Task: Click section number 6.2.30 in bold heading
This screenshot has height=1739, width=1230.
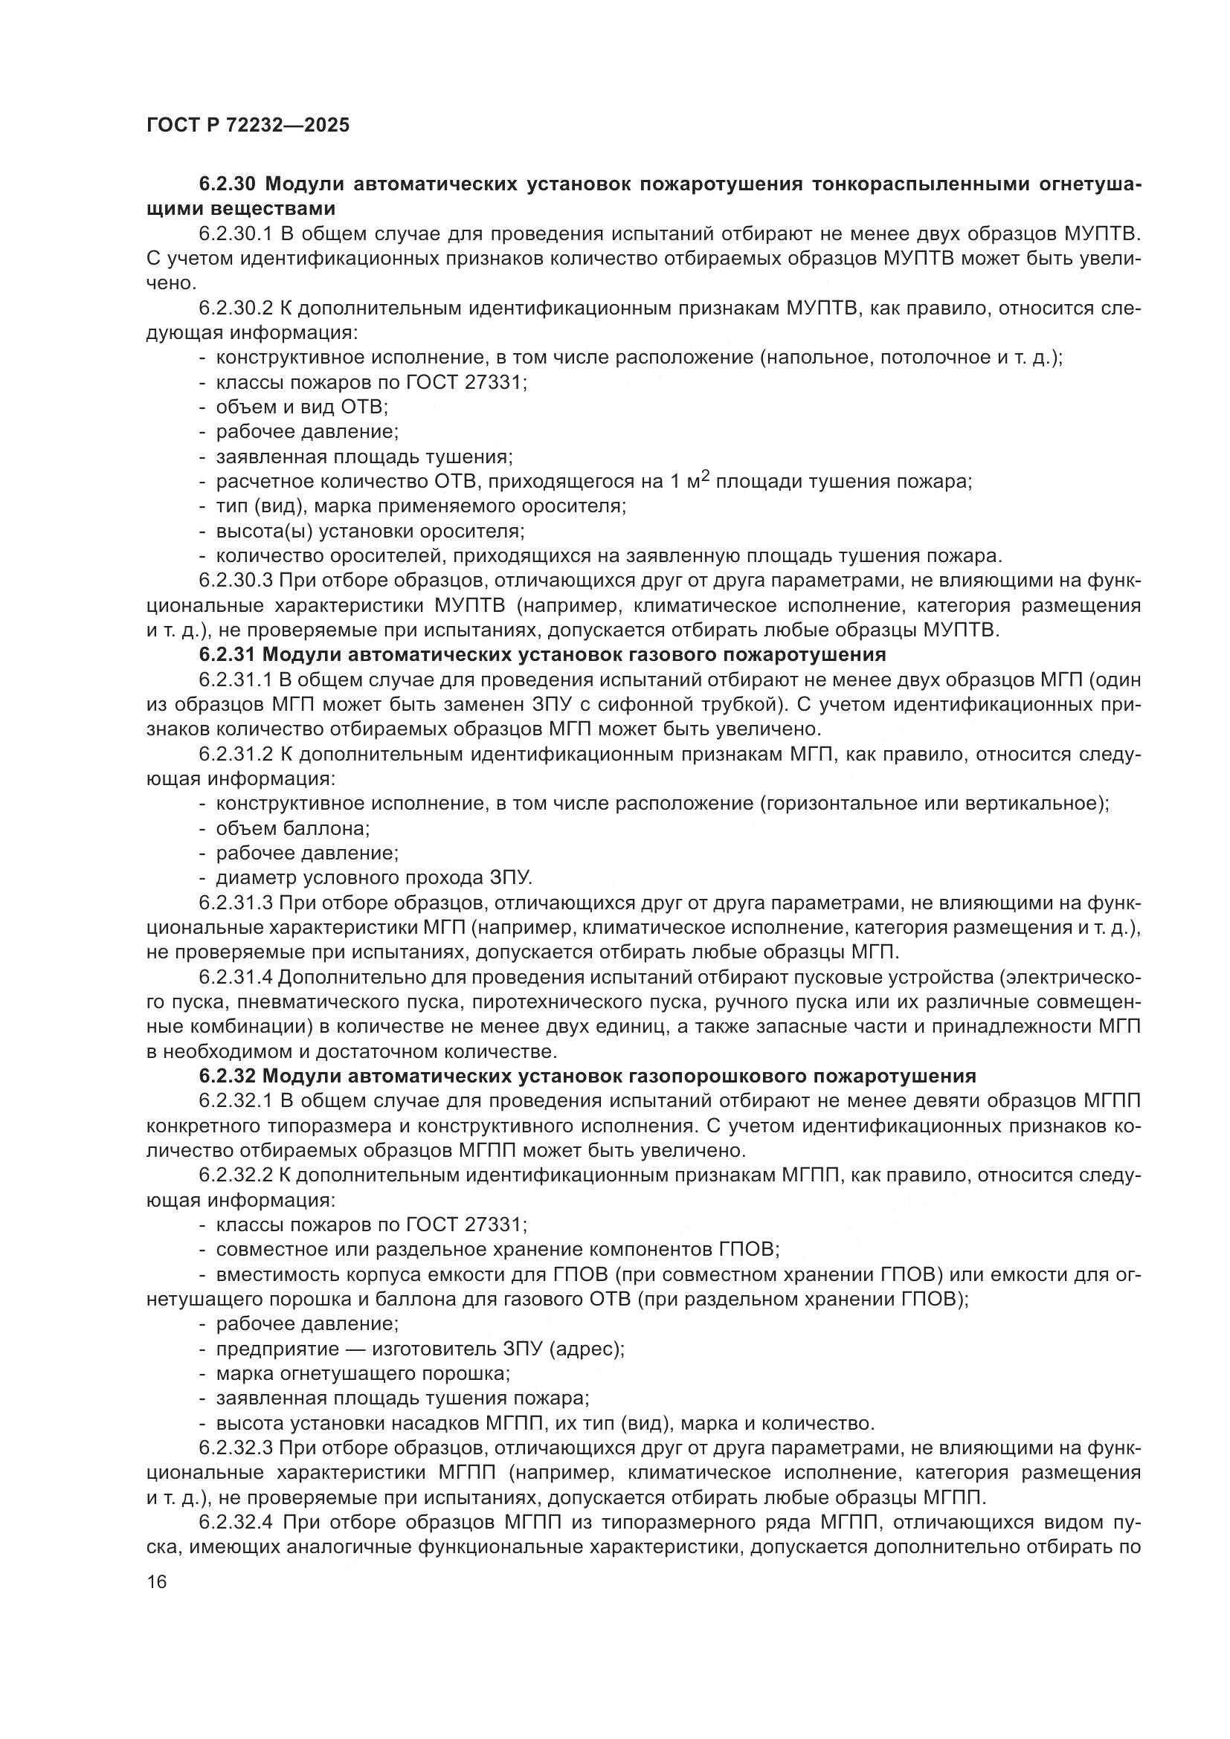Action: (230, 184)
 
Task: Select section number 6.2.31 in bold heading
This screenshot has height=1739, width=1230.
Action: (229, 654)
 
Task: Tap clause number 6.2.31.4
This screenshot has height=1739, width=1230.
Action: (237, 978)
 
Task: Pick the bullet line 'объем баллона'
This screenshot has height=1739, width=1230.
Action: (292, 828)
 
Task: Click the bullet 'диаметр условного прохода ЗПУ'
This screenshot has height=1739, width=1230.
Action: (374, 878)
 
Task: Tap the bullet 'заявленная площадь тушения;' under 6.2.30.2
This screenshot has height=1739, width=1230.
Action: (364, 456)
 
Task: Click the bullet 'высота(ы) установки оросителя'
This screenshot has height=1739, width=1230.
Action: (370, 531)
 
